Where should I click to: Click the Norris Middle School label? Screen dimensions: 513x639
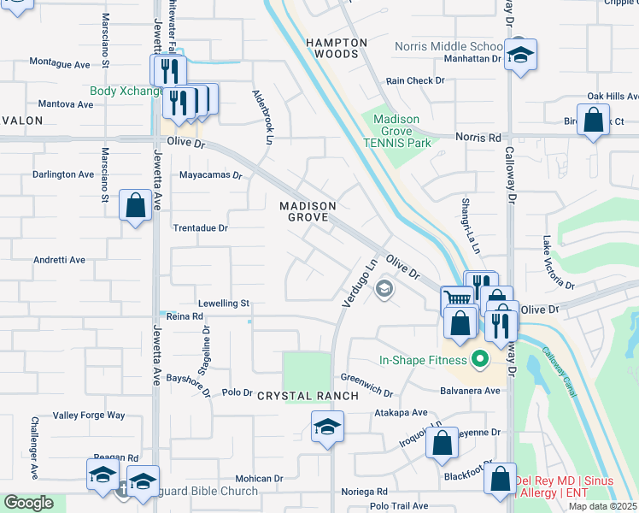[448, 46]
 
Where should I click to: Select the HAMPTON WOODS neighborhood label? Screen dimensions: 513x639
[337, 48]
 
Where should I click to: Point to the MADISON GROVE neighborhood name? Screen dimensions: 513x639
[308, 212]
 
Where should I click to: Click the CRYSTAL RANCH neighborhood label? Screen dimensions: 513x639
[293, 395]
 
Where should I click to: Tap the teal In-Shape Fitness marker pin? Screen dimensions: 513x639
[479, 359]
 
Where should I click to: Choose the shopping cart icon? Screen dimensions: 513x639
[458, 300]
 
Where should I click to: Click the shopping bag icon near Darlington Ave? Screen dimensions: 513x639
[135, 205]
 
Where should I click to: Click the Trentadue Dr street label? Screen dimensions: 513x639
[201, 228]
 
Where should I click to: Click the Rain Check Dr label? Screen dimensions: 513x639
[415, 80]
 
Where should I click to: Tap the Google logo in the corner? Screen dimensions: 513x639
[28, 503]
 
